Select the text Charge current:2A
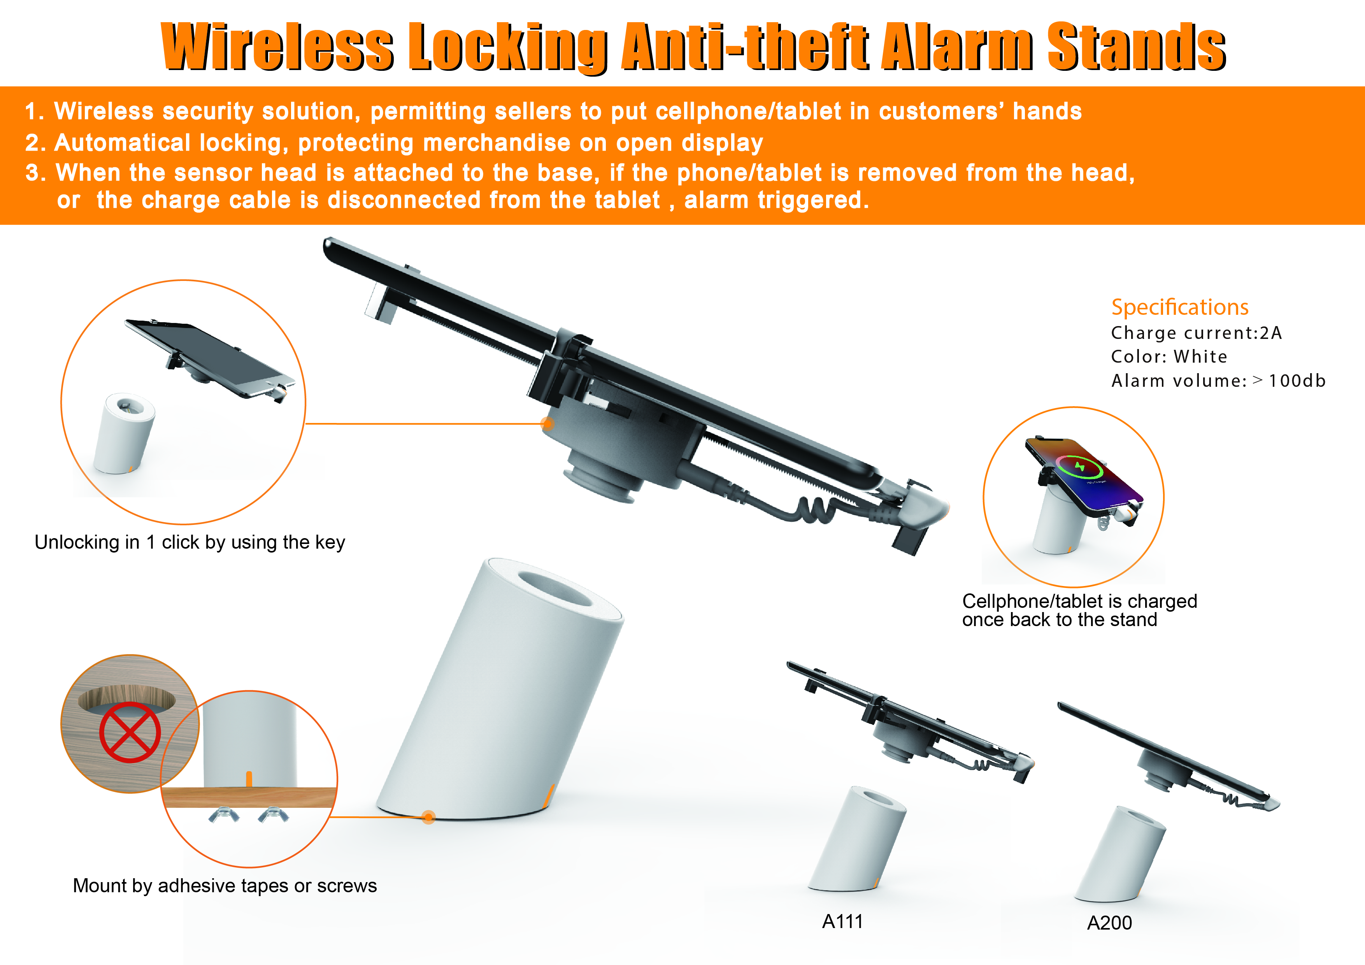pos(1196,333)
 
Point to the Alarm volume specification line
pos(1218,381)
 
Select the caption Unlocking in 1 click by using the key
pos(189,542)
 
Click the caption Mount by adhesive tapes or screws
pos(225,886)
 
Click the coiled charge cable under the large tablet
pos(814,506)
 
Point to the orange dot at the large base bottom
pos(429,818)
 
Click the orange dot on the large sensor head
pos(547,424)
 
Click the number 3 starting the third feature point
pos(33,173)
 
